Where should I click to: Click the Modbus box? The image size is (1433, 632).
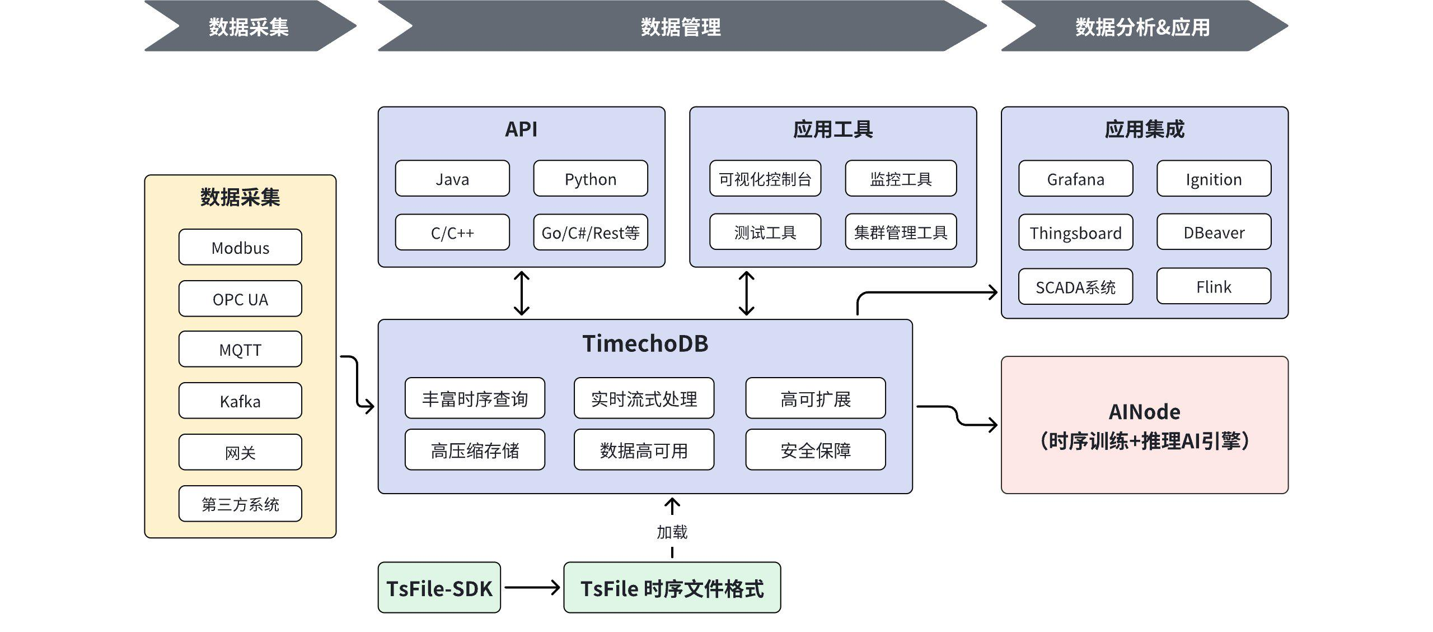[x=240, y=247]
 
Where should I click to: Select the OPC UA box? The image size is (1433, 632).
[x=240, y=299]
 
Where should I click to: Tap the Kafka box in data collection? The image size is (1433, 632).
[x=240, y=401]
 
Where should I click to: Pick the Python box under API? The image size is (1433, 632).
[x=590, y=179]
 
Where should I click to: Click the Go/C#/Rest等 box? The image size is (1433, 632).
[x=590, y=232]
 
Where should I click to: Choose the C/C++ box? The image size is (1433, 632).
[x=452, y=232]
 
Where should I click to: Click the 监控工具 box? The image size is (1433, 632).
[x=900, y=179]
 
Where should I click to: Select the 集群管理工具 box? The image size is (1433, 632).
[x=900, y=232]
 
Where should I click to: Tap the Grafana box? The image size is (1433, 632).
[x=1075, y=179]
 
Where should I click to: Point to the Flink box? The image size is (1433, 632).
[x=1214, y=286]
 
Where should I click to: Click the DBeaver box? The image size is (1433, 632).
[x=1214, y=232]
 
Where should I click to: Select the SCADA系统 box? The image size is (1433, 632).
[x=1075, y=286]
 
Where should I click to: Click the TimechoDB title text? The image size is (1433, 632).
[x=645, y=343]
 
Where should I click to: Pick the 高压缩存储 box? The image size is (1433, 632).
[x=475, y=450]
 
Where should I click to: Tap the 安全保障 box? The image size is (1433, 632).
[x=815, y=450]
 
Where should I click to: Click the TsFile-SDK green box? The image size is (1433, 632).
[x=439, y=588]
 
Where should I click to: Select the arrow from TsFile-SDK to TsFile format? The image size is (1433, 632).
[x=532, y=588]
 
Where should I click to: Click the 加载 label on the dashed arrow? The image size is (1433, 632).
[x=672, y=532]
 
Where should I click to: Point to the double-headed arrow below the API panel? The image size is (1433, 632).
[x=522, y=293]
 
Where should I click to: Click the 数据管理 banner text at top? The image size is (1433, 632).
[x=680, y=26]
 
